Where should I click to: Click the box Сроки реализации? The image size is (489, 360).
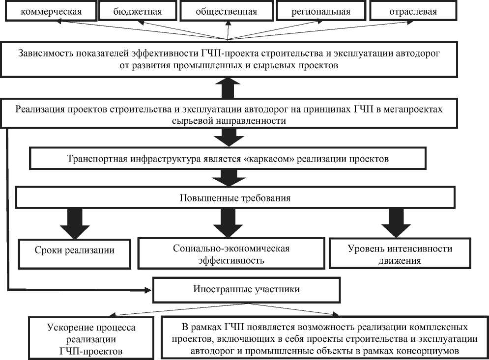tap(74, 250)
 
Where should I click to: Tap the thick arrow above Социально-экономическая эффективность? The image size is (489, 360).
tap(227, 223)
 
